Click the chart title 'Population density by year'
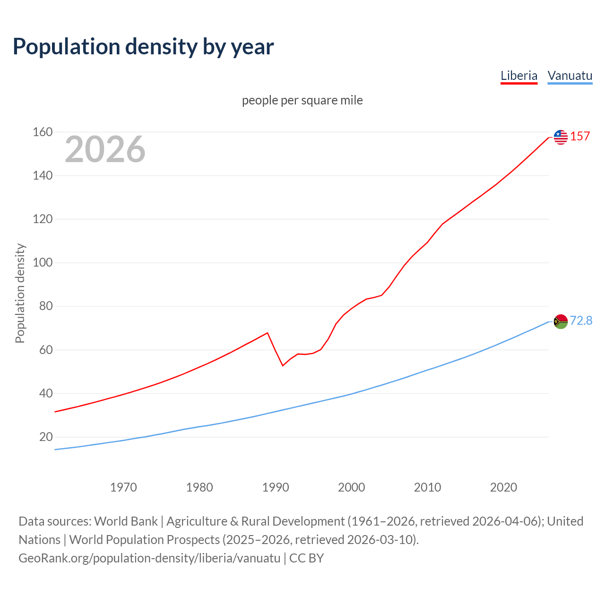tap(143, 47)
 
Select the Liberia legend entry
tap(519, 76)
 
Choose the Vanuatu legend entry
tap(570, 76)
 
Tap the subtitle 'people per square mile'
tap(302, 100)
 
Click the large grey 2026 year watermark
tap(105, 149)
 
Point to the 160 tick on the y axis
tap(43, 132)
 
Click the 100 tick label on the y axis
tap(43, 262)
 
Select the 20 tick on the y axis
tap(46, 437)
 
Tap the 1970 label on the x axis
tap(123, 487)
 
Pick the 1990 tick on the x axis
tap(276, 487)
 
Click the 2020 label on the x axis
tap(503, 487)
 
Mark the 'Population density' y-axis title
tap(20, 293)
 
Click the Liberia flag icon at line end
tap(561, 137)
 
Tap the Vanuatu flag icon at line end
tap(561, 321)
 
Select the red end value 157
tap(580, 136)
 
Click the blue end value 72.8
tap(581, 320)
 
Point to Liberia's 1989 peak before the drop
tap(268, 333)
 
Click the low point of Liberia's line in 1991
tap(283, 365)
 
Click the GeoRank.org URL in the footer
tap(149, 558)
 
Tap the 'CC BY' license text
tap(306, 558)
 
